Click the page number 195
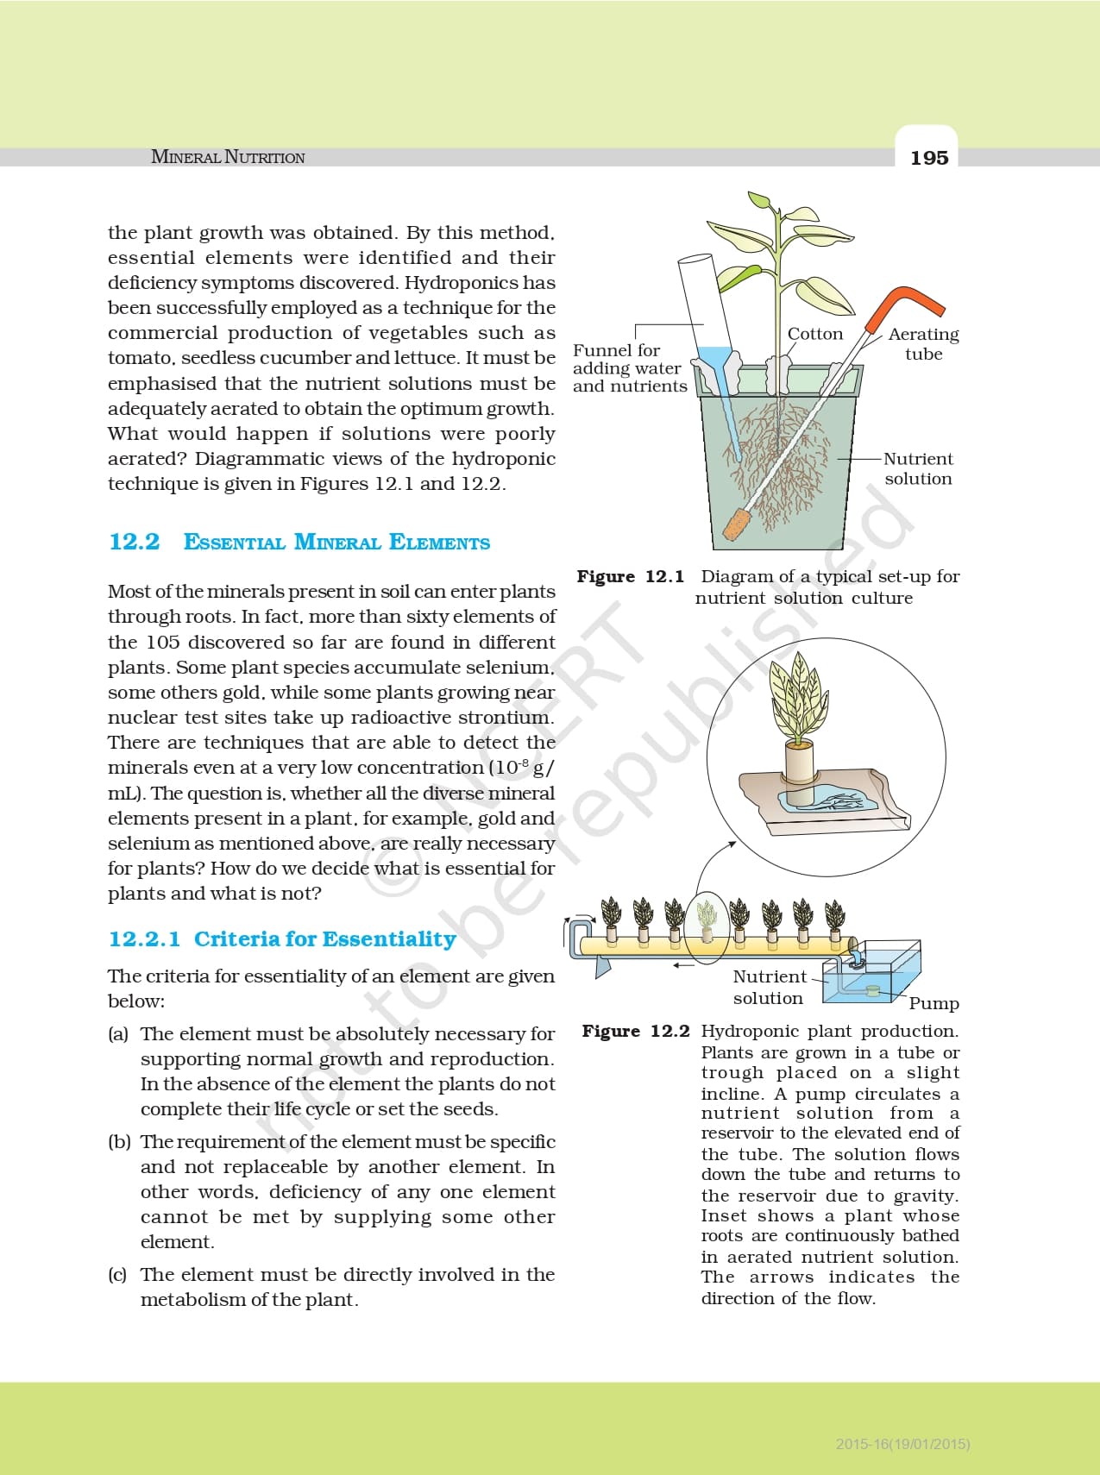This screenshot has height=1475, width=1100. click(x=928, y=158)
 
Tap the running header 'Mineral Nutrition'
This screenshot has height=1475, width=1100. click(x=228, y=157)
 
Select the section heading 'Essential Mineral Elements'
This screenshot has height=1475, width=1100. click(x=336, y=543)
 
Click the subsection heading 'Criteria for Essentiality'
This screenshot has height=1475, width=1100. click(x=324, y=938)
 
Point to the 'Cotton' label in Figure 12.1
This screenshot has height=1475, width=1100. click(x=815, y=334)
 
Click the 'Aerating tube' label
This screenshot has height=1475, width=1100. click(x=923, y=343)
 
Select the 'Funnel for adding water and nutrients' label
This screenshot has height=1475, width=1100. click(x=629, y=368)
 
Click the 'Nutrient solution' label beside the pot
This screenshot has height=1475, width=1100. click(x=918, y=468)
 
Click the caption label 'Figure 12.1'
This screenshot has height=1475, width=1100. click(x=630, y=576)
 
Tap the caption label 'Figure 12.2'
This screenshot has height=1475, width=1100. click(x=636, y=1031)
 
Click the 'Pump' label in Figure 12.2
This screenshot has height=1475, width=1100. click(x=933, y=1003)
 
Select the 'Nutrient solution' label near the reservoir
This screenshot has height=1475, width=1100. click(x=769, y=987)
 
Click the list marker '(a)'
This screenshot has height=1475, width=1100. click(x=118, y=1033)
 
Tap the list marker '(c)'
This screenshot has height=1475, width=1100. click(x=118, y=1274)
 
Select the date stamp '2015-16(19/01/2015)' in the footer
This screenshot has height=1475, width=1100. click(x=902, y=1443)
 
